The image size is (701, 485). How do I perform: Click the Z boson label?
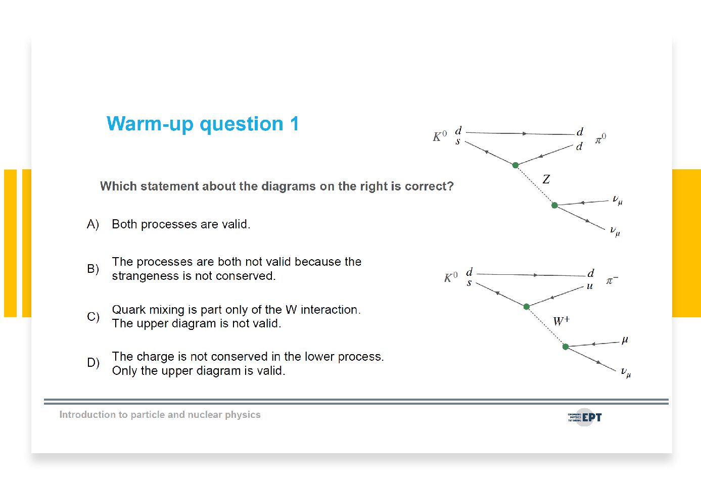(546, 179)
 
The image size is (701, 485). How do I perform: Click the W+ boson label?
(562, 321)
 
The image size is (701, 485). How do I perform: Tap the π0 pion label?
(600, 138)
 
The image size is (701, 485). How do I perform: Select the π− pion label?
(612, 280)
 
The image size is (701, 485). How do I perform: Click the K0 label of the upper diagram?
(440, 136)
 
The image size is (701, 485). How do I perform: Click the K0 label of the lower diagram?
(451, 277)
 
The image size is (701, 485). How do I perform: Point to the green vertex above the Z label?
(516, 165)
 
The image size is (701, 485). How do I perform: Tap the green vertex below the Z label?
(554, 205)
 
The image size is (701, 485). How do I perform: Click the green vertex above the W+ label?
(526, 307)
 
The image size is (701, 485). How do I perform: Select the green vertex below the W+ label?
(566, 347)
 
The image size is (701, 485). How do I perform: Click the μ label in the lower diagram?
(625, 340)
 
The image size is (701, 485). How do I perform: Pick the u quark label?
(590, 286)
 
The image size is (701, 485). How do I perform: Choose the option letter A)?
(93, 224)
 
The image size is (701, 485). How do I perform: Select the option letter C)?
(94, 317)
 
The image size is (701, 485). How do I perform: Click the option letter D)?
(94, 363)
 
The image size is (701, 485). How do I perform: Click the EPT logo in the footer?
(585, 417)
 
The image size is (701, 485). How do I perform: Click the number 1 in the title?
(295, 124)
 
